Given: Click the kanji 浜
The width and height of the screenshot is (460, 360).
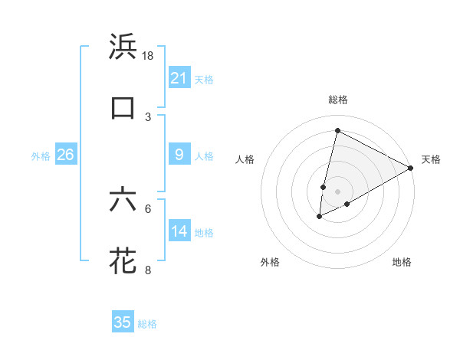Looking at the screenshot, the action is coord(123,47).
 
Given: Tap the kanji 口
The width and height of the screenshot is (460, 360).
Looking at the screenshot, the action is coord(123,108).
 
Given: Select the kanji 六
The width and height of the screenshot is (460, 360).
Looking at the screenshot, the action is coord(123,200).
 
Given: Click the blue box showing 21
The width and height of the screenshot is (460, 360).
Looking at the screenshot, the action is coord(179,78).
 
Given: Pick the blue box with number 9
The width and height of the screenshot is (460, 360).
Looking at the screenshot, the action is coord(179,155).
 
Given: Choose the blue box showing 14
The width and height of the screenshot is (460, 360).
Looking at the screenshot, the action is coord(179,231).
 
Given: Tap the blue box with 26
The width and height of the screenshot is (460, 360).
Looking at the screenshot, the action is coord(65,155).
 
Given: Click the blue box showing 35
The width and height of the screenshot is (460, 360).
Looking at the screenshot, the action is coord(123,322).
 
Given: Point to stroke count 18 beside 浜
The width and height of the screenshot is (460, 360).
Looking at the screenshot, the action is coord(149,56).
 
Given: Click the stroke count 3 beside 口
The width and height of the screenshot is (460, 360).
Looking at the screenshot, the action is coord(148,117).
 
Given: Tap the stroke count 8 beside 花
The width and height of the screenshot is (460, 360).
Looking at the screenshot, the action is coord(148,270).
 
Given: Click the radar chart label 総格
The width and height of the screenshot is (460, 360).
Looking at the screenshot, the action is coord(337,100).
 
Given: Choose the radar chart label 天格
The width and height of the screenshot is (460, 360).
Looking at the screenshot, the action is coord(431,159).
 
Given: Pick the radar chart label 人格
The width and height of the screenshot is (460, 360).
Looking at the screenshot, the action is coord(245,159).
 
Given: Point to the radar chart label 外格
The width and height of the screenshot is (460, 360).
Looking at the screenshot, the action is coord(270,263).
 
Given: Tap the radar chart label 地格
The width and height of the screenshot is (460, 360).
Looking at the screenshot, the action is coord(402,263).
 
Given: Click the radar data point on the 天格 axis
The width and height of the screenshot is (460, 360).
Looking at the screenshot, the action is coord(412,168).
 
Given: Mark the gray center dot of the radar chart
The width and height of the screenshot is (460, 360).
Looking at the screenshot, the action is coord(337,191).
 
